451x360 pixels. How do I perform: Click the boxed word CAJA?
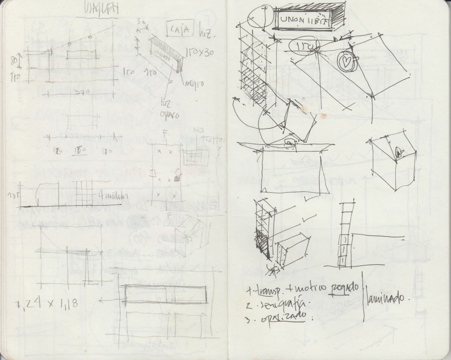[x=181, y=29]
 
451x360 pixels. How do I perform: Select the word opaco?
[x=170, y=115]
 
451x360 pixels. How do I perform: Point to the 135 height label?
[x=13, y=195]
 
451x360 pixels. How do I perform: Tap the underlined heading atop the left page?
[x=97, y=10]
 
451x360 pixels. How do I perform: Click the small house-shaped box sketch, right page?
[x=393, y=162]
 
